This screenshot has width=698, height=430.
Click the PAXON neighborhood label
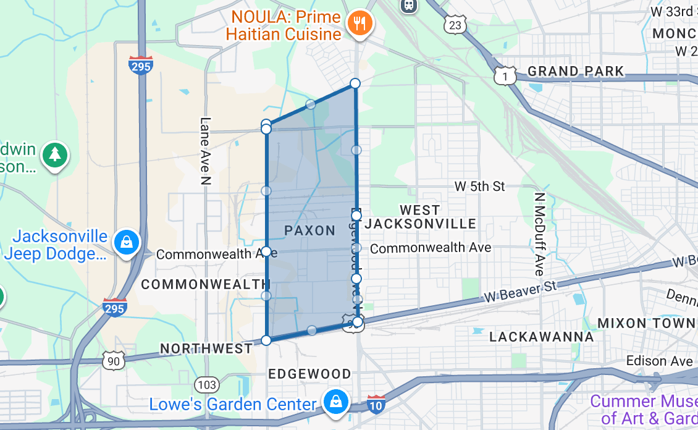tap(309, 231)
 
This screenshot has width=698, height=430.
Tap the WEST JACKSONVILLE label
tap(420, 217)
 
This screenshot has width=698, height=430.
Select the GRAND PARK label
tap(576, 72)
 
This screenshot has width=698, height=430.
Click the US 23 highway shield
tap(455, 25)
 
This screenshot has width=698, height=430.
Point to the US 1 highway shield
tap(505, 75)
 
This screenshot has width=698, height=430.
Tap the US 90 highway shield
tap(113, 361)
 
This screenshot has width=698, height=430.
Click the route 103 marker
tap(208, 386)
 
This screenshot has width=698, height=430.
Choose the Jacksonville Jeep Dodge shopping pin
tap(127, 242)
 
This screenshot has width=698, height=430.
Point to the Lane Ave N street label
tap(205, 151)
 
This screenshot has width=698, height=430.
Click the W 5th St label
tap(479, 186)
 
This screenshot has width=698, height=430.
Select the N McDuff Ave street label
tap(539, 234)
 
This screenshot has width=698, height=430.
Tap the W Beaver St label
tap(519, 290)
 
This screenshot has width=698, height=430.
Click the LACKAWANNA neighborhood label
tap(541, 337)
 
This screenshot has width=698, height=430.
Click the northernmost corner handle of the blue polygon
tap(355, 83)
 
